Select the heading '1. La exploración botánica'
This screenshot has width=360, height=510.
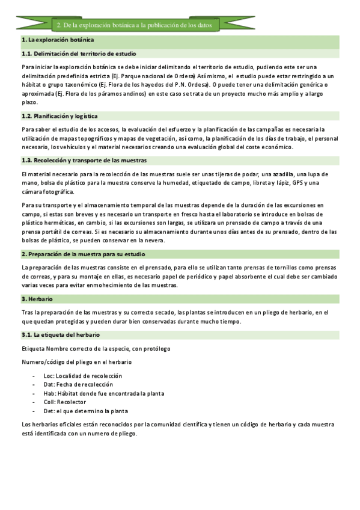57,40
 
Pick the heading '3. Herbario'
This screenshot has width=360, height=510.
37,298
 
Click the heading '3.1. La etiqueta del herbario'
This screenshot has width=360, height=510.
60,334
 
